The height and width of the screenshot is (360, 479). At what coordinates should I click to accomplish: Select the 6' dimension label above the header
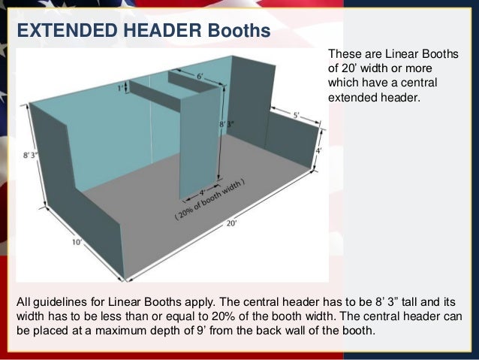(200, 76)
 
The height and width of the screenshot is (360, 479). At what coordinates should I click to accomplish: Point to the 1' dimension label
(122, 88)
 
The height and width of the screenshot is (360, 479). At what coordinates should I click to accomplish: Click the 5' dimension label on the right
(297, 115)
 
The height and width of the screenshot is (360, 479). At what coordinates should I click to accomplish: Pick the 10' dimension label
(77, 242)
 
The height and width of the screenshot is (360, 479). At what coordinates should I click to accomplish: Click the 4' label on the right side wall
(318, 149)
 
